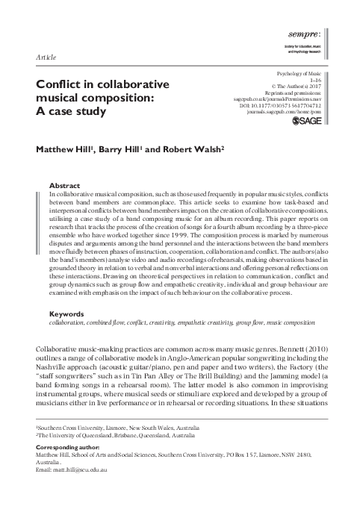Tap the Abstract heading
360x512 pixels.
tap(63, 185)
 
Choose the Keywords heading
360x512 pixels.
tap(66, 334)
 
